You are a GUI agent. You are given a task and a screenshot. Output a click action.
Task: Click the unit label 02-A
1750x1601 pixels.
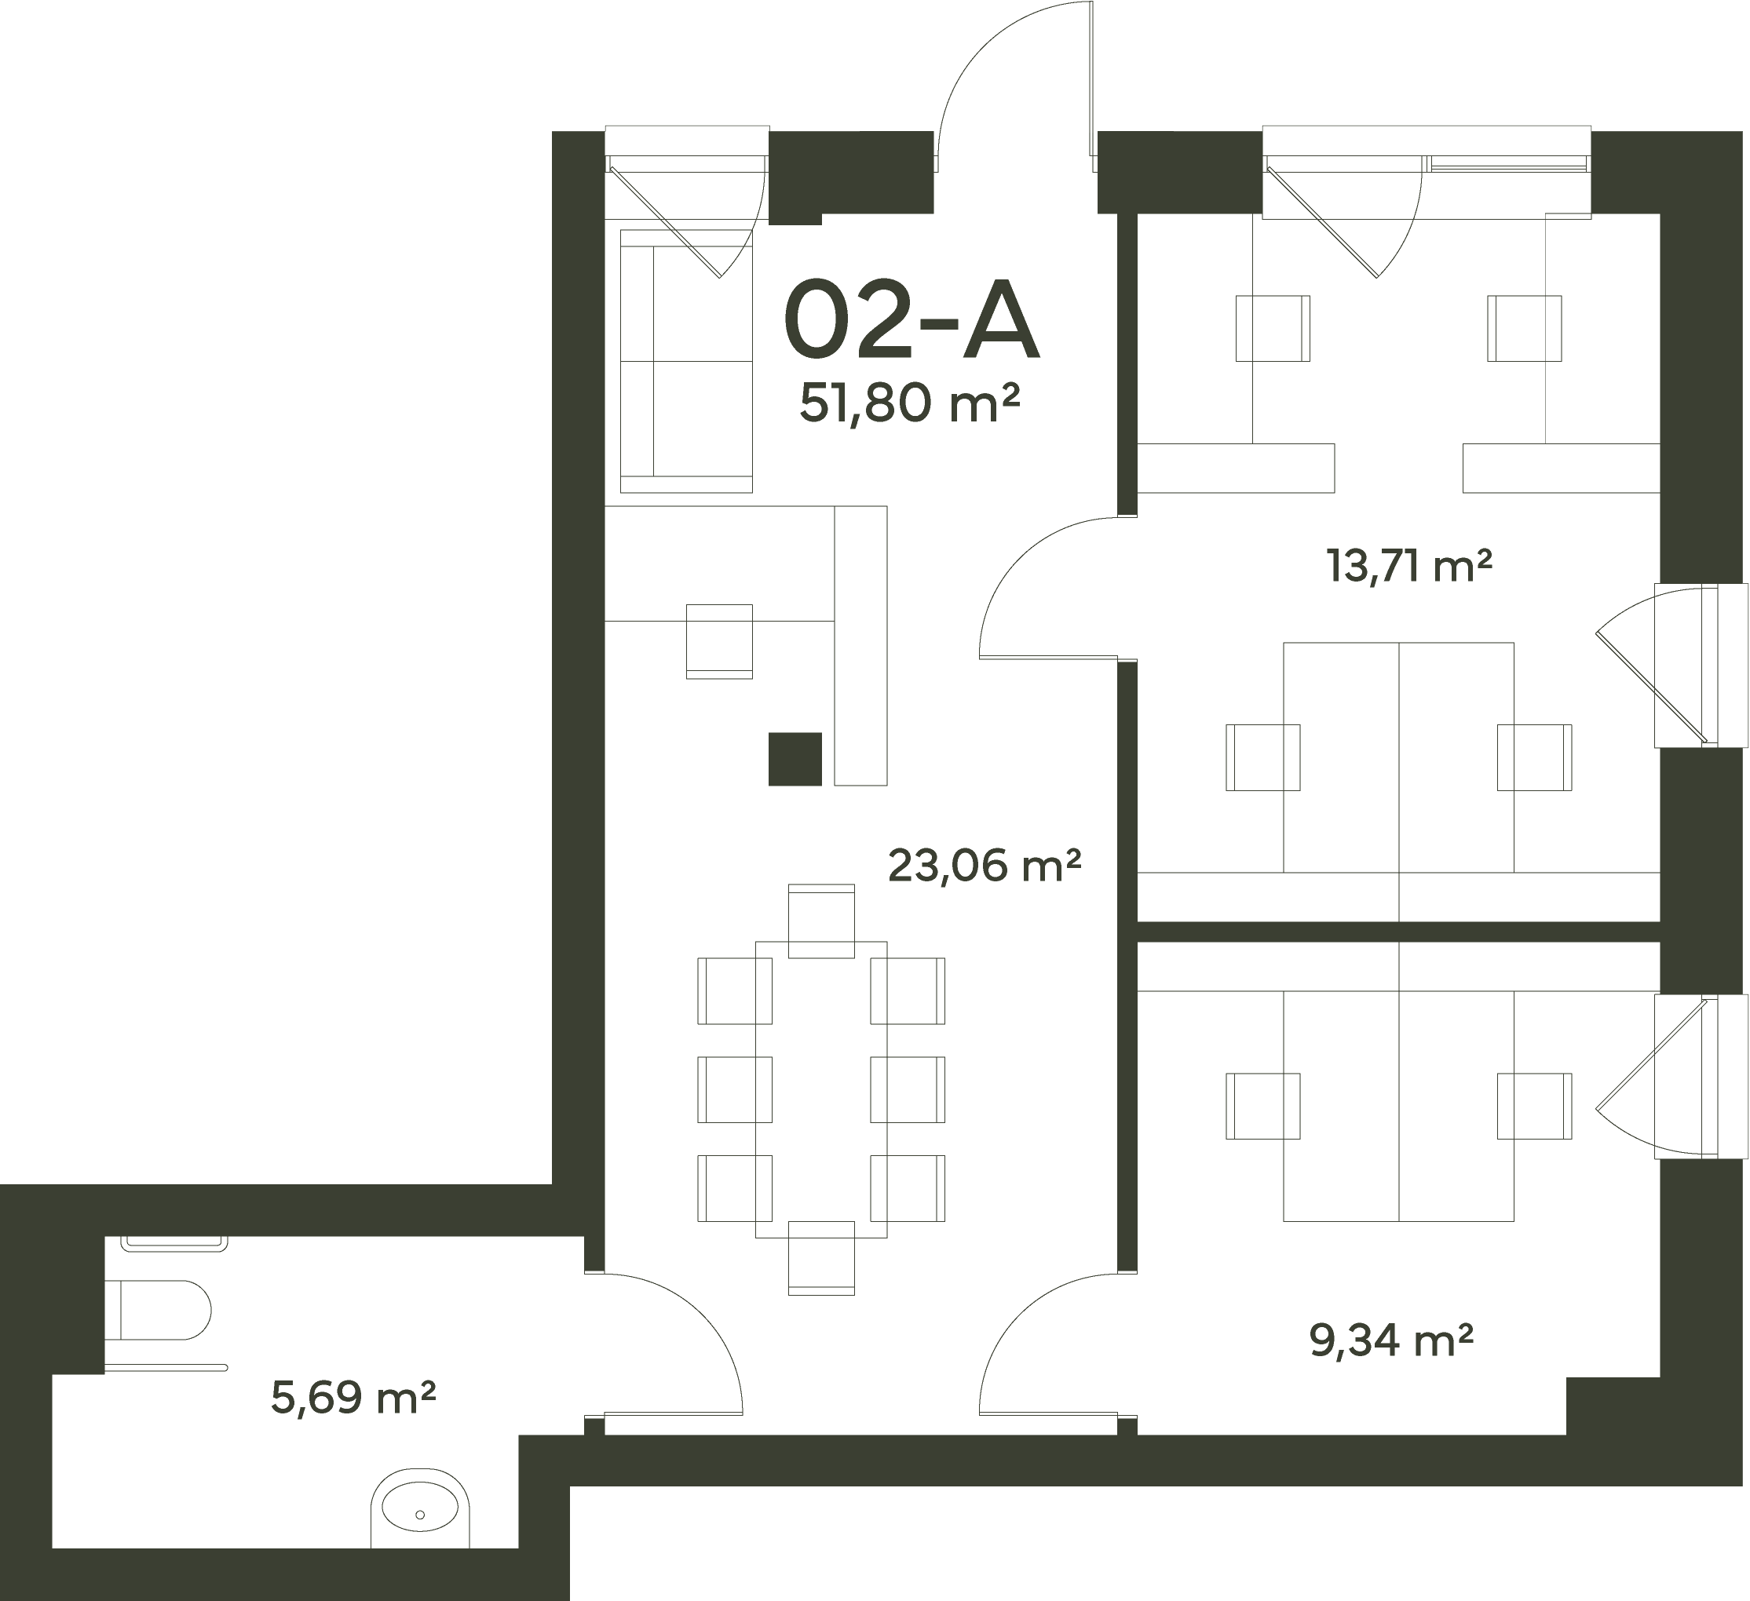click(911, 319)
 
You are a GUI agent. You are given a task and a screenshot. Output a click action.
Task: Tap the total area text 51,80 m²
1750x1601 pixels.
click(909, 403)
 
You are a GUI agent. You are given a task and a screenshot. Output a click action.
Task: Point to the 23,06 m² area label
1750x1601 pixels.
click(985, 865)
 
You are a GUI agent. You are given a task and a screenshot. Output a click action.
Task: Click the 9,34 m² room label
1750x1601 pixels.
click(1391, 1340)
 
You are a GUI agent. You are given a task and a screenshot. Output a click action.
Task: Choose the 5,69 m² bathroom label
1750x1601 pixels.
click(353, 1398)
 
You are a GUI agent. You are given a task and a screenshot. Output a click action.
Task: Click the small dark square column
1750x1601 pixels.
click(795, 759)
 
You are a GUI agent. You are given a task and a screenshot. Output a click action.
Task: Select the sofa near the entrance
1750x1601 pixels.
click(685, 361)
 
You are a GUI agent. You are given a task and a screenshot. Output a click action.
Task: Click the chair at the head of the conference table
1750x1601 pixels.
click(821, 921)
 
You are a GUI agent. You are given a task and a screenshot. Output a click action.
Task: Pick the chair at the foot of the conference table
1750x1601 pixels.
click(821, 1258)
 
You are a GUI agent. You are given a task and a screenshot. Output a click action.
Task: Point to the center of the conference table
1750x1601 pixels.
click(821, 1090)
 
